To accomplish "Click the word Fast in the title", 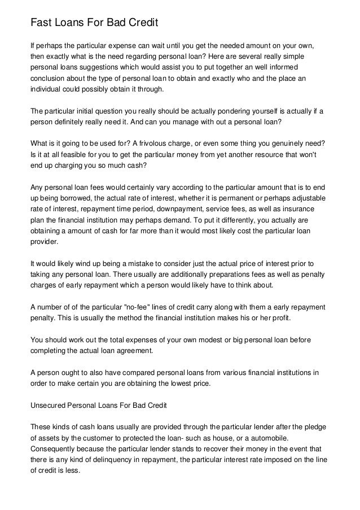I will [x=41, y=23].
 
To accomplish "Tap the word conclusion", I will [x=50, y=79].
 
